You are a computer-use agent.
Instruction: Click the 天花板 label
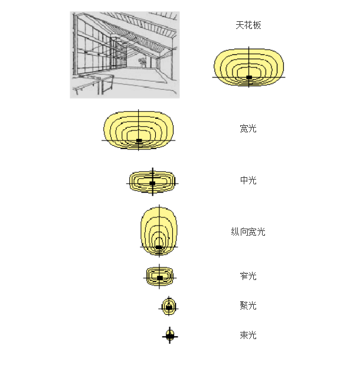coord(248,25)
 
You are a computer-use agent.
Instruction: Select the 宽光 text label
coord(248,128)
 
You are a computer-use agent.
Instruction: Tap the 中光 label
coord(248,180)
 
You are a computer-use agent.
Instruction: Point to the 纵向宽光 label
coord(248,232)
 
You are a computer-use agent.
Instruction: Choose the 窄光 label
coord(248,276)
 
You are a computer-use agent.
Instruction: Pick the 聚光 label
coord(248,305)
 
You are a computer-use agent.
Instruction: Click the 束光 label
coord(248,335)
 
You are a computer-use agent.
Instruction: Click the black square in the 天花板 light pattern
coord(249,77)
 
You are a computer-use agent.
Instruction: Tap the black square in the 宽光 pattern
coord(139,141)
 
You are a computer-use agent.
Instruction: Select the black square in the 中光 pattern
coord(152,183)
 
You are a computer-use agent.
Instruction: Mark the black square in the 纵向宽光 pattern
coord(159,247)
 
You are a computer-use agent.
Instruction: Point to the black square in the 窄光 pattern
coord(160,277)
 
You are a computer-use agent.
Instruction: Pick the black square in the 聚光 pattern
coord(169,307)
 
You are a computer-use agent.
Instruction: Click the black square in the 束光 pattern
coord(170,336)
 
